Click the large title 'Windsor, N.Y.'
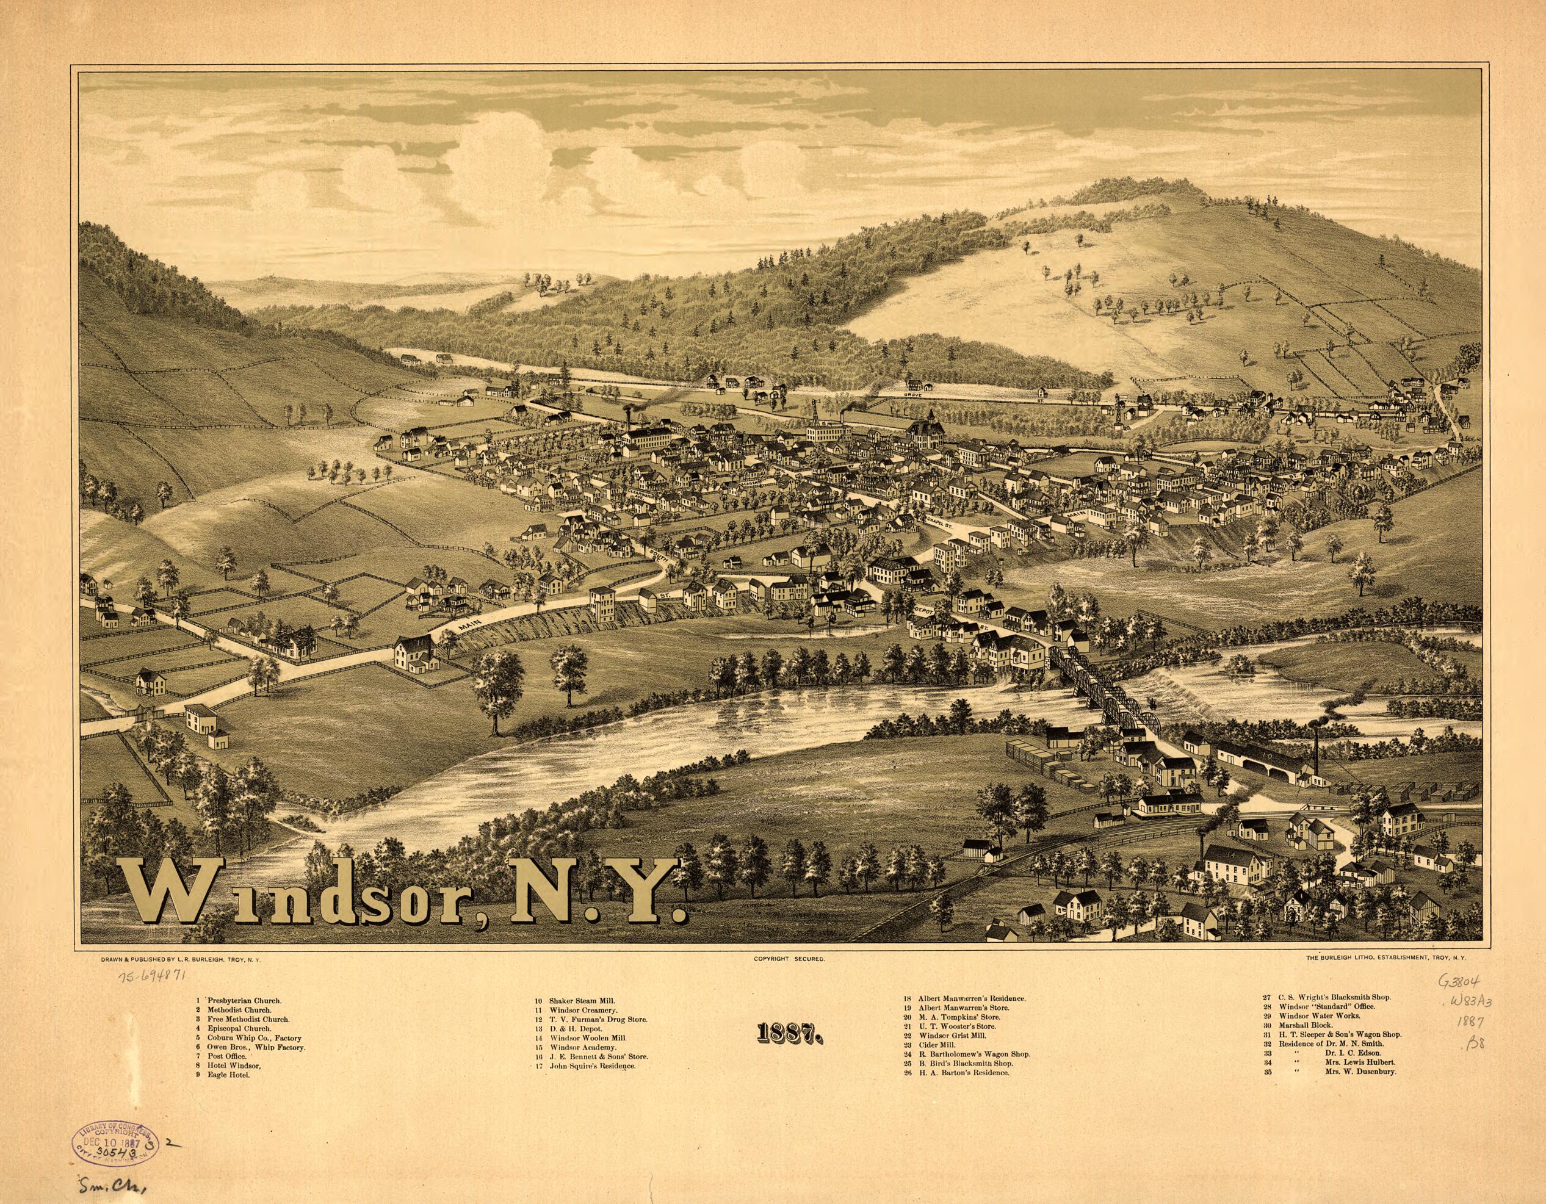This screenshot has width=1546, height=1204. point(403,893)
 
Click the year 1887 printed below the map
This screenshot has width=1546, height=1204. point(788,1034)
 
